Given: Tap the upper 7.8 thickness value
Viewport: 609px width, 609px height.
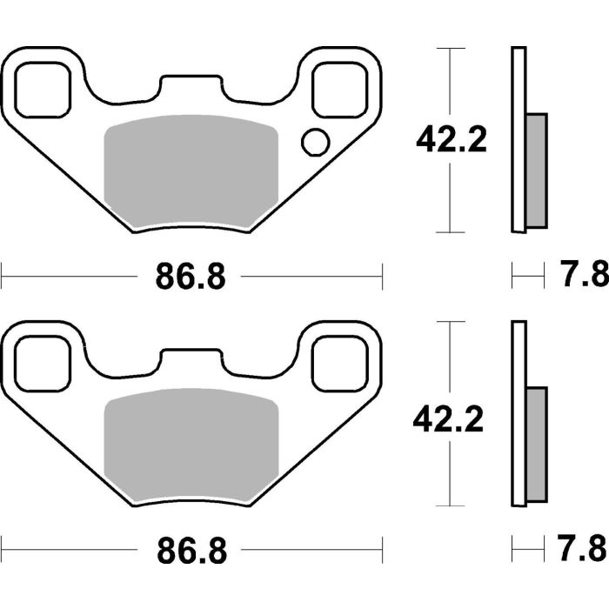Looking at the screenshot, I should click(580, 277).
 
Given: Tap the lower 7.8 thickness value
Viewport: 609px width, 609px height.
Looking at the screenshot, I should click(580, 549).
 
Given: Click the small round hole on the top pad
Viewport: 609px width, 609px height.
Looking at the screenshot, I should click(314, 141).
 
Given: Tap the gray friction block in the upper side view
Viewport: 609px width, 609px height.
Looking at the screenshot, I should click(536, 170).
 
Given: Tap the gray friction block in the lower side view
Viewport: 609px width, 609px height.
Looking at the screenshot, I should click(536, 443).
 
